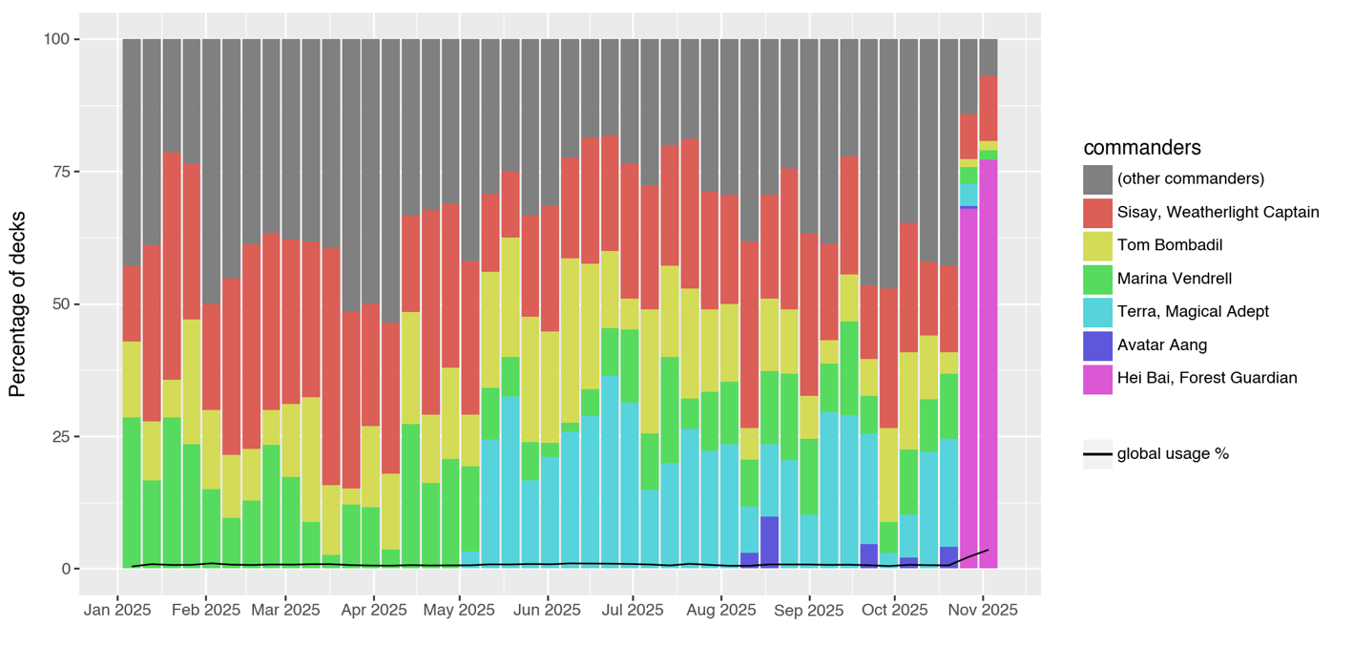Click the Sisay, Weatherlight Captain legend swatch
point(1097,212)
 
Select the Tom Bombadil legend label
point(1170,245)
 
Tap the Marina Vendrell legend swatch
point(1097,279)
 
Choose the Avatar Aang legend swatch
point(1097,344)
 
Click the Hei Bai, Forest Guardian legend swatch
point(1097,378)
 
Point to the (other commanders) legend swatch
point(1097,178)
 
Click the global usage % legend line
point(1097,454)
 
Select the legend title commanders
point(1141,148)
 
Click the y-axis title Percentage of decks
point(17,304)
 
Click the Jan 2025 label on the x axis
point(117,610)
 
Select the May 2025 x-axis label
point(459,610)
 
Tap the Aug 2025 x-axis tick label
point(721,610)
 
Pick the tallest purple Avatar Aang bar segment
point(770,542)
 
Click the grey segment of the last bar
point(989,57)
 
